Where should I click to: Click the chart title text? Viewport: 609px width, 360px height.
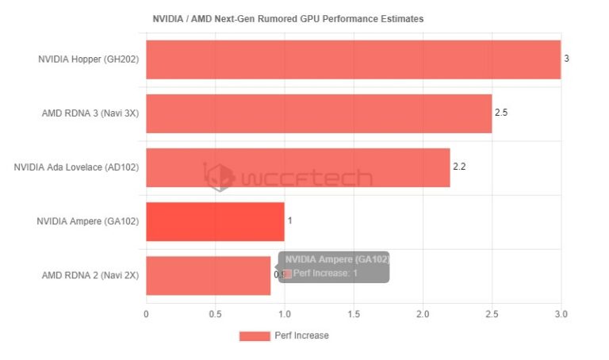pyautogui.click(x=288, y=18)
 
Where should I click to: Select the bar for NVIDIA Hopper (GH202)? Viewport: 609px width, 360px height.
pyautogui.click(x=353, y=59)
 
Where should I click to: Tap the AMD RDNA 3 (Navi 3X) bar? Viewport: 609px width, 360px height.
pyautogui.click(x=319, y=113)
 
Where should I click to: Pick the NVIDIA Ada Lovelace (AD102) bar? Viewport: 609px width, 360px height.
pyautogui.click(x=297, y=167)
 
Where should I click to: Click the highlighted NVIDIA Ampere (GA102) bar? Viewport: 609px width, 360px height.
pyautogui.click(x=215, y=221)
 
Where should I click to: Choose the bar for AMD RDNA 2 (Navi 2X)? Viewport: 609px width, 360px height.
pyautogui.click(x=208, y=275)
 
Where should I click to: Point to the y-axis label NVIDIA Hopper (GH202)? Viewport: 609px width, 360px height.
pyautogui.click(x=89, y=59)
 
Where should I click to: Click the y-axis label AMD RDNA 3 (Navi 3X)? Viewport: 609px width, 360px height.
pyautogui.click(x=90, y=113)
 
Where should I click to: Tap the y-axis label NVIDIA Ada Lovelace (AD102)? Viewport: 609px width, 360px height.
pyautogui.click(x=77, y=167)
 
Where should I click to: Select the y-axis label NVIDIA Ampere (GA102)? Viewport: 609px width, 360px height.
pyautogui.click(x=88, y=221)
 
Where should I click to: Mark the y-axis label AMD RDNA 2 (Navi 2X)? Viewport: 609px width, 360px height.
pyautogui.click(x=90, y=275)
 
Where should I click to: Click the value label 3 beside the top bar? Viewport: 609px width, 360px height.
pyautogui.click(x=566, y=59)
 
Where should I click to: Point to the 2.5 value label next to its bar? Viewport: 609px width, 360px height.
pyautogui.click(x=500, y=113)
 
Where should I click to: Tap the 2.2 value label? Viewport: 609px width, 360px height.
pyautogui.click(x=459, y=167)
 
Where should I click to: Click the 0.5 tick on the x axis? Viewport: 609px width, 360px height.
pyautogui.click(x=215, y=314)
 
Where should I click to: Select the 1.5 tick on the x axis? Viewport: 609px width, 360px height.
pyautogui.click(x=354, y=314)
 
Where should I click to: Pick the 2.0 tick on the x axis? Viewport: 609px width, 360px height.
pyautogui.click(x=423, y=314)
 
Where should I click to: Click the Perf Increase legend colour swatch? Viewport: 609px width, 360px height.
pyautogui.click(x=255, y=336)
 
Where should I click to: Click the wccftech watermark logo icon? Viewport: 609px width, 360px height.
pyautogui.click(x=220, y=177)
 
